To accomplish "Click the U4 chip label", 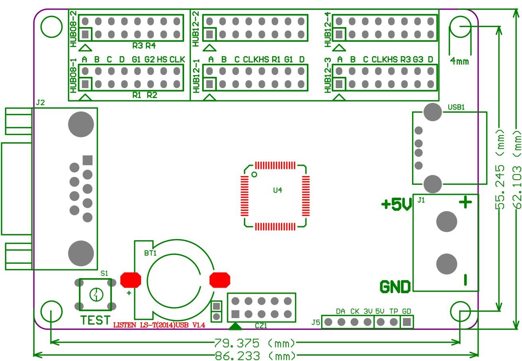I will (x=277, y=190).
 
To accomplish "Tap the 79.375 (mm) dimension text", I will (x=255, y=343).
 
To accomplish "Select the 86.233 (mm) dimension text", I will (x=255, y=355).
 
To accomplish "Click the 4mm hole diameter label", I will (x=459, y=62).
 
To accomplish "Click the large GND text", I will (x=395, y=286).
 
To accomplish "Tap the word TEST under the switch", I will (x=95, y=320).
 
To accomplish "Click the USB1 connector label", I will (x=456, y=107).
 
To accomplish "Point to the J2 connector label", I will (x=40, y=103).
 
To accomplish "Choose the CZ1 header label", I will (x=261, y=326).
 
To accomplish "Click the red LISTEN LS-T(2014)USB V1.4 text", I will (x=159, y=325).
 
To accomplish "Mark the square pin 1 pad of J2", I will (x=88, y=160).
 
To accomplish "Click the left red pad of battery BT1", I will (x=131, y=280).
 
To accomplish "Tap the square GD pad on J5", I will (x=407, y=322).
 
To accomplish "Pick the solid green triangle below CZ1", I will (x=235, y=326).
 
